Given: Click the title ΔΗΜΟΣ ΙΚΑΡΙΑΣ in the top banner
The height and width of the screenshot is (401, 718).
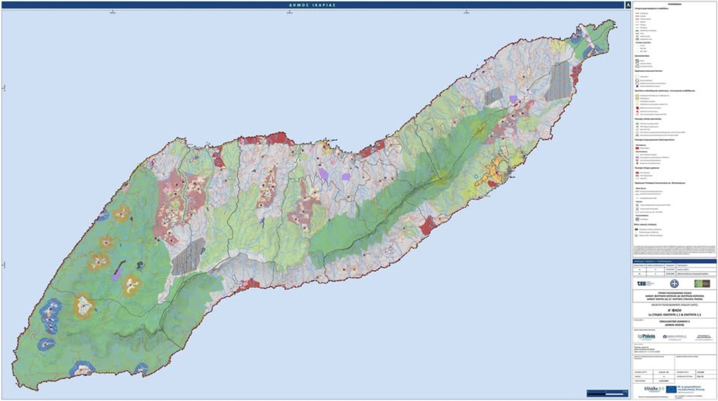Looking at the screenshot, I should tap(312, 4).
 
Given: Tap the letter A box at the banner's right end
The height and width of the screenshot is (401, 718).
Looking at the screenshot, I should tap(629, 4).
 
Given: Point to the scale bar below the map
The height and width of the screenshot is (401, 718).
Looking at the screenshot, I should tap(606, 393).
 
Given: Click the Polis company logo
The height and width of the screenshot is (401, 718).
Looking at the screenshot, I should tap(646, 336).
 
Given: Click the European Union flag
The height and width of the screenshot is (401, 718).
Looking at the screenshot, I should tap(672, 389).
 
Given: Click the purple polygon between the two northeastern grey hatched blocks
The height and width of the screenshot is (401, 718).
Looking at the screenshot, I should tap(513, 99).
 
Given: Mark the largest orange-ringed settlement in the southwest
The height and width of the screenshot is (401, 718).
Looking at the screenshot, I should tap(83, 305).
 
